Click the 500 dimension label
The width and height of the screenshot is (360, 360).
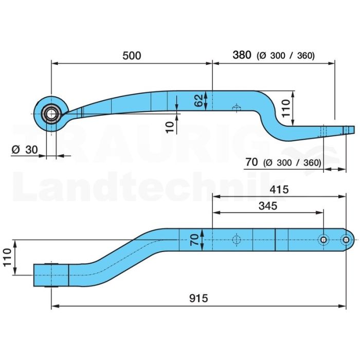point(132,56)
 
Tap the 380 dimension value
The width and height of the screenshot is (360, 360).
point(242,55)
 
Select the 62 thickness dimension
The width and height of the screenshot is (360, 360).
point(199,101)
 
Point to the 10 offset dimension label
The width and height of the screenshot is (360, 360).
point(170,127)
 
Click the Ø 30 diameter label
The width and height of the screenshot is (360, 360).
point(25,150)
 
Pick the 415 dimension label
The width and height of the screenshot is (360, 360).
point(279,190)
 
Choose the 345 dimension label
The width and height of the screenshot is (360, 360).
point(268,206)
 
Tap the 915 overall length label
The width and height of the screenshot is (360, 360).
point(199,298)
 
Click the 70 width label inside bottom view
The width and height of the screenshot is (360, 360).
point(194,240)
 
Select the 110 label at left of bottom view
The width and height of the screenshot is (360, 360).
point(7,257)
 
